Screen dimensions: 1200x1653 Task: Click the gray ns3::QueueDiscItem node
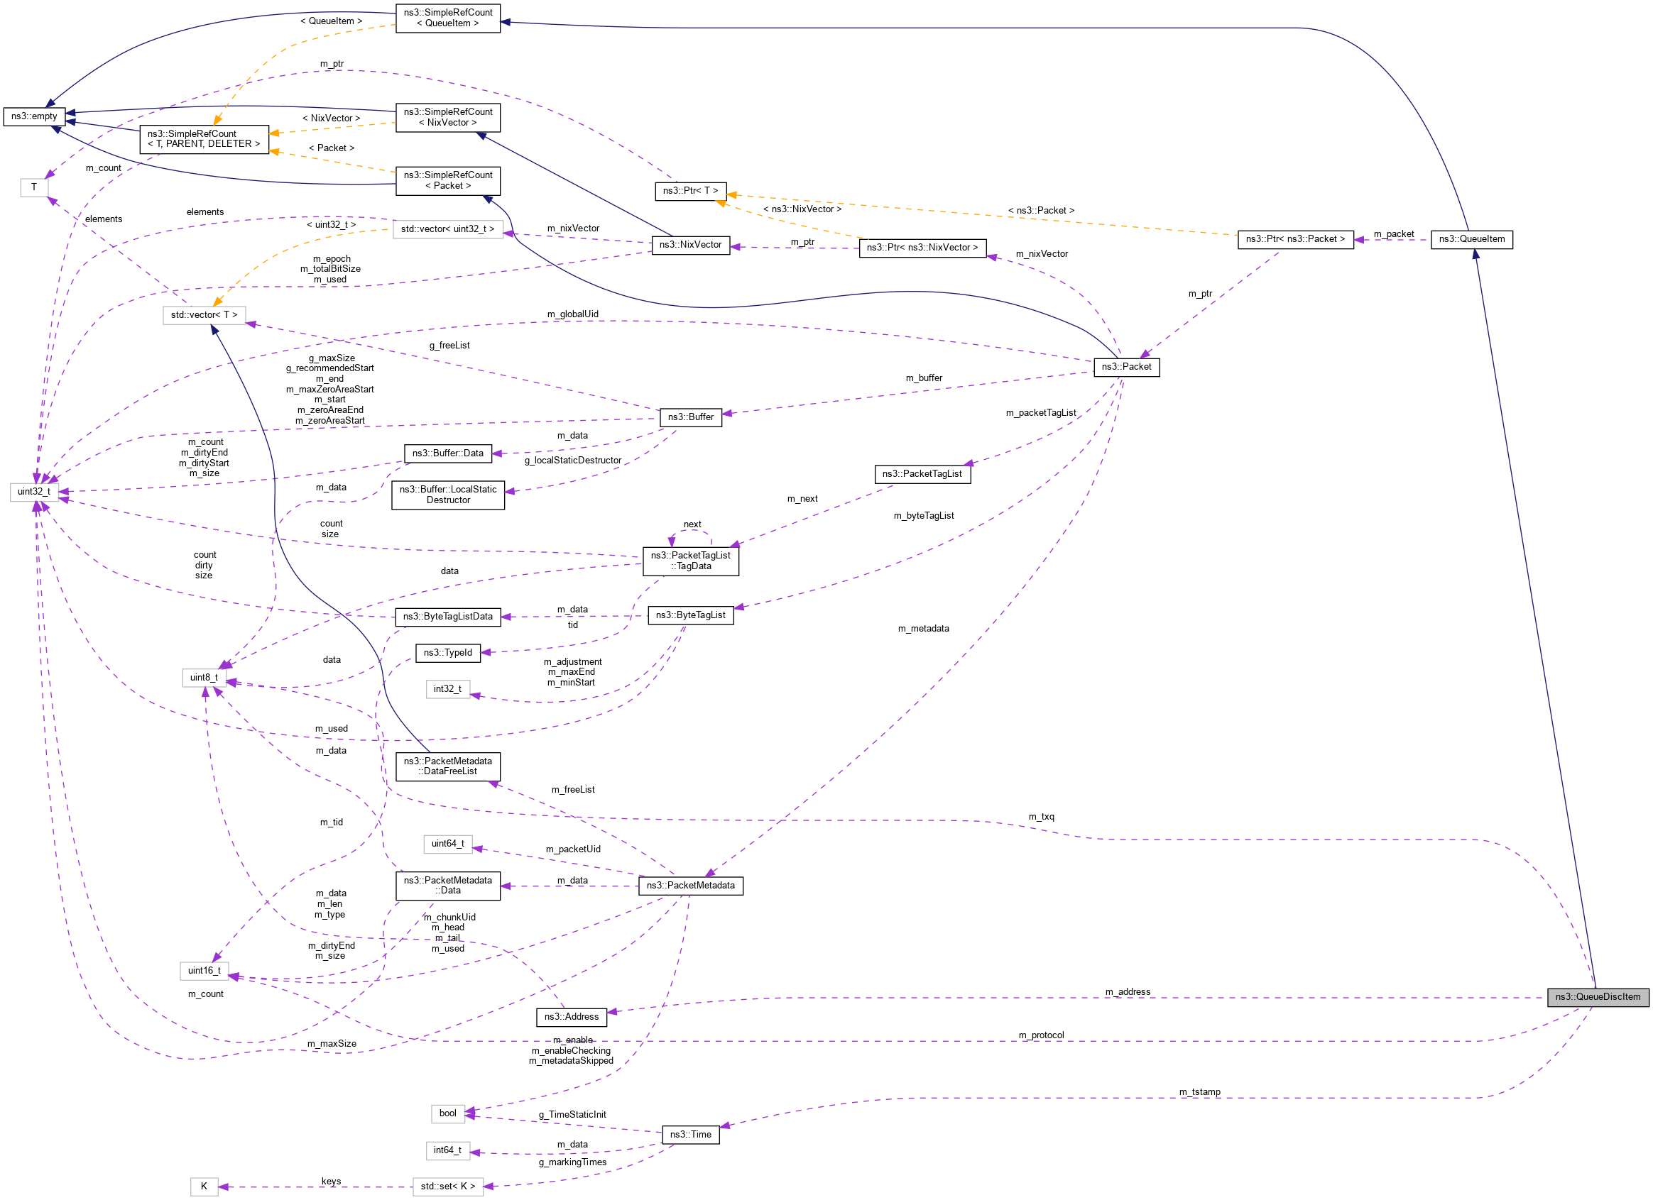1597,997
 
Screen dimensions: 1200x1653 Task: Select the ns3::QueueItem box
1471,239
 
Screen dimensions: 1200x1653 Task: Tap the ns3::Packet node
1126,367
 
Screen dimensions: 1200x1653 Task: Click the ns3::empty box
34,116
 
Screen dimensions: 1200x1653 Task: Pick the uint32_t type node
34,492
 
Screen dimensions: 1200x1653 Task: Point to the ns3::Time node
690,1135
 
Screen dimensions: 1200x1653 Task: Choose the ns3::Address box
572,1017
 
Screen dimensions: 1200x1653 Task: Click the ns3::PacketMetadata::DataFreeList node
447,766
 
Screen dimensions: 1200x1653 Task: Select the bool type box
447,1113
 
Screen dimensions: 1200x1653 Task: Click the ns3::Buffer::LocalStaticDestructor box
447,495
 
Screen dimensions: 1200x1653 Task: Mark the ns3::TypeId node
447,653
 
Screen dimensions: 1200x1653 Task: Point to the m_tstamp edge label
1200,1092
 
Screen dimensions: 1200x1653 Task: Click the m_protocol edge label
1041,1035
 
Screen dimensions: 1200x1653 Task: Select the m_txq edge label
1041,817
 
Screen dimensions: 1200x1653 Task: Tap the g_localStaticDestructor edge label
573,461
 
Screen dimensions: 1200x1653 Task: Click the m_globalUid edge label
573,314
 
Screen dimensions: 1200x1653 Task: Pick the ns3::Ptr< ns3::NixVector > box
922,248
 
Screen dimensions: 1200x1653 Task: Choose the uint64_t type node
447,844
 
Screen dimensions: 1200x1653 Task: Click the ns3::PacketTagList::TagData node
690,561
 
